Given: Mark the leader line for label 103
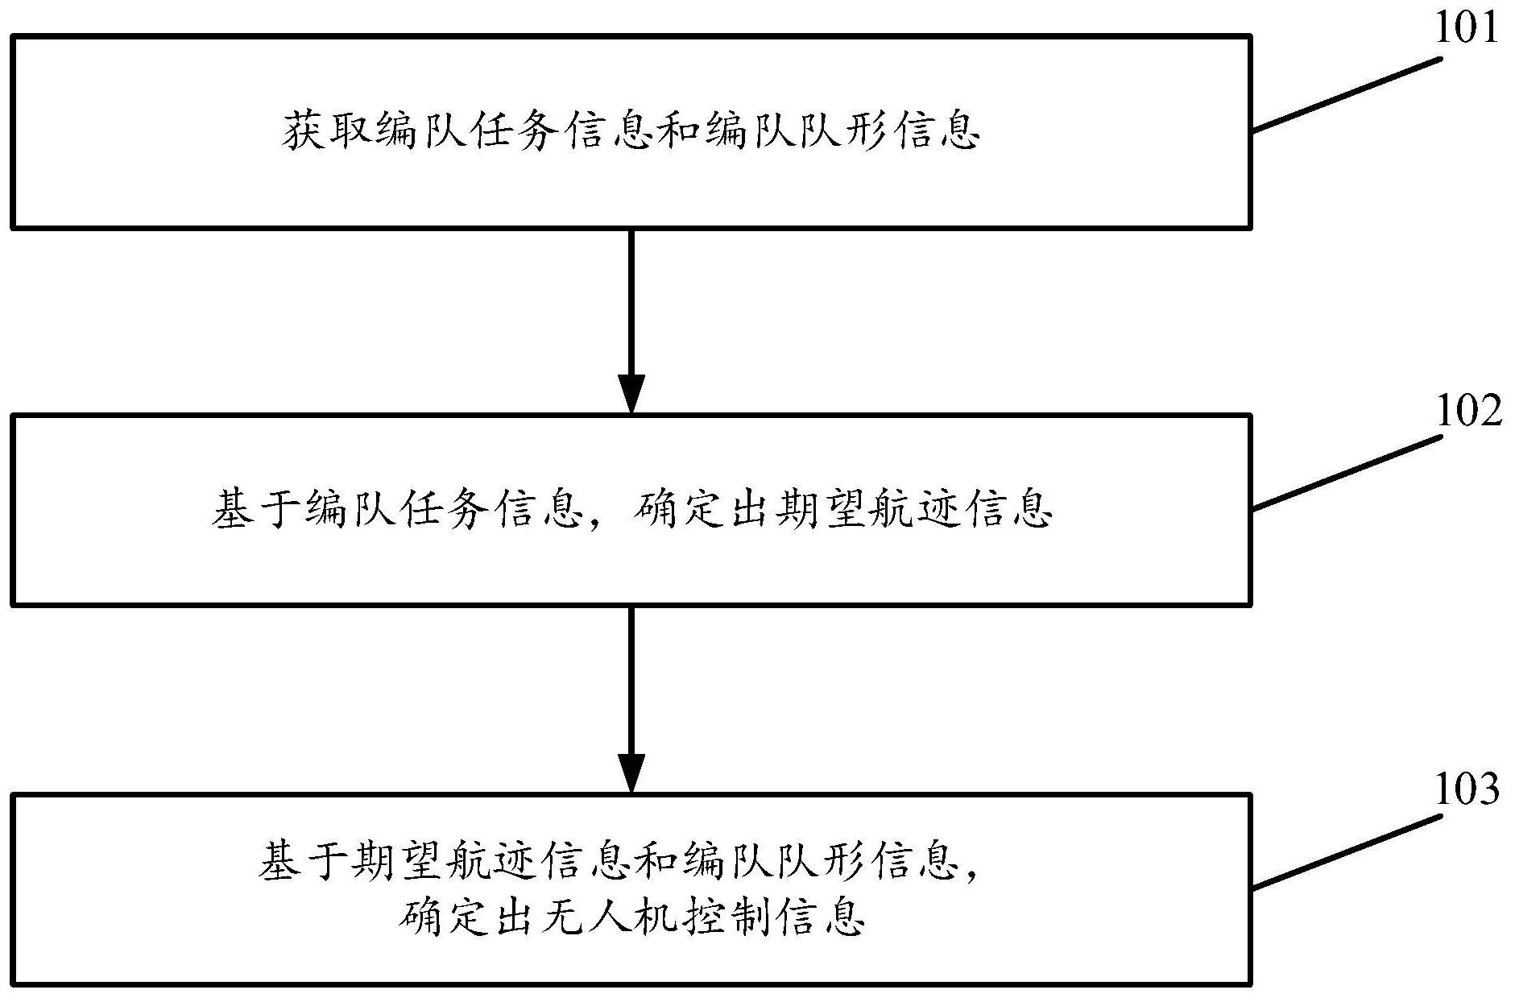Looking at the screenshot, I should pyautogui.click(x=1346, y=851).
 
